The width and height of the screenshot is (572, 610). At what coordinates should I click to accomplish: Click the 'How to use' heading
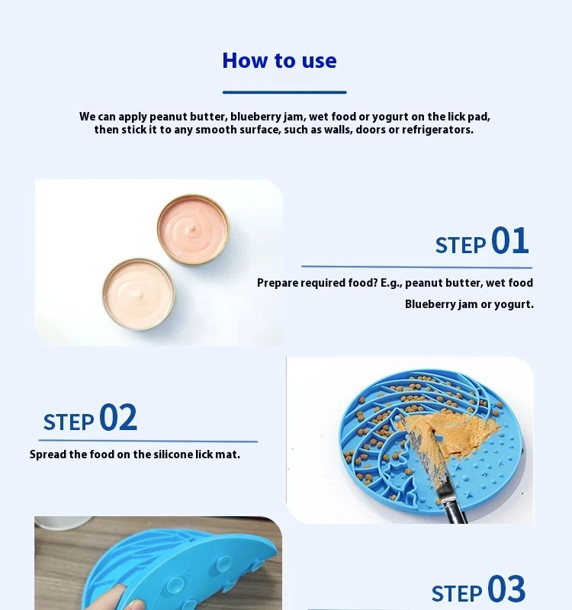pyautogui.click(x=279, y=60)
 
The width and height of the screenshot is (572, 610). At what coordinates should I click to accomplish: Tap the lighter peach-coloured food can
pyautogui.click(x=139, y=293)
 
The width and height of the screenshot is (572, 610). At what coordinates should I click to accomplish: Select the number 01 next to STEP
pyautogui.click(x=509, y=242)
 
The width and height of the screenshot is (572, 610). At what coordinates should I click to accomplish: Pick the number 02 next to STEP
pyautogui.click(x=118, y=419)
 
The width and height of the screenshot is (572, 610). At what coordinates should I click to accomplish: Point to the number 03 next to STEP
pyautogui.click(x=506, y=590)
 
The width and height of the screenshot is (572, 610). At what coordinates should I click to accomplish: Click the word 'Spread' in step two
pyautogui.click(x=47, y=454)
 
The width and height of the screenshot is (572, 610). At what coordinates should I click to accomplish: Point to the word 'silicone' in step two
pyautogui.click(x=173, y=454)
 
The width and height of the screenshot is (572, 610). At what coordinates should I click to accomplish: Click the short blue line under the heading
pyautogui.click(x=284, y=92)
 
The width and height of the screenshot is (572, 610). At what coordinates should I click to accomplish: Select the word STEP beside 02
pyautogui.click(x=69, y=422)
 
